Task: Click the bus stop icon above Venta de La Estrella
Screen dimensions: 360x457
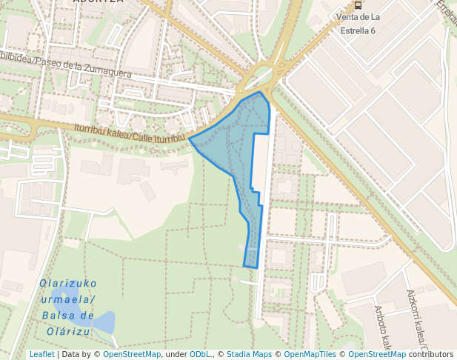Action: tap(358, 4)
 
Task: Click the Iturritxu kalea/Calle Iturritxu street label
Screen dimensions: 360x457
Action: tap(129, 133)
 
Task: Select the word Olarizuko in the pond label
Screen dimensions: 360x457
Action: tap(68, 284)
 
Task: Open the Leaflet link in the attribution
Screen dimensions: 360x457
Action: tap(41, 354)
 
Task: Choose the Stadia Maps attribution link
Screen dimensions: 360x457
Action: tap(249, 354)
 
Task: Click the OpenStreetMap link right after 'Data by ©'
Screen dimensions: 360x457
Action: tap(132, 354)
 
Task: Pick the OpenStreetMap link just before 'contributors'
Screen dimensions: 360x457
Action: tap(377, 354)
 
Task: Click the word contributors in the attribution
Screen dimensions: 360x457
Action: tap(431, 354)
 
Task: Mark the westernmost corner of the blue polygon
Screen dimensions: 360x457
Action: tap(190, 139)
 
